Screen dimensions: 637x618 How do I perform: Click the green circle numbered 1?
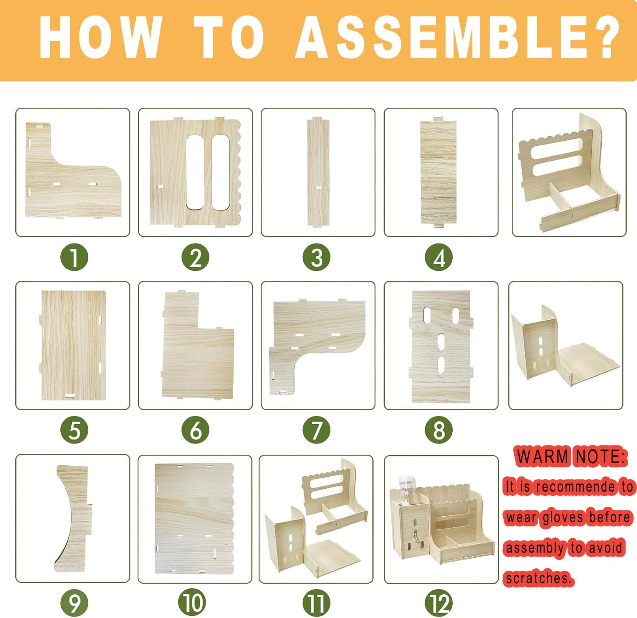74,257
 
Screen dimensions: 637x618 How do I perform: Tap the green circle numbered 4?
439,257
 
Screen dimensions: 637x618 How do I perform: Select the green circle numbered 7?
316,430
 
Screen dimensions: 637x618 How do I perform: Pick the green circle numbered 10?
193,603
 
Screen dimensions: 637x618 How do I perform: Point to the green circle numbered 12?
439,603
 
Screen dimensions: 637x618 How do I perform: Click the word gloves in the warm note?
562,517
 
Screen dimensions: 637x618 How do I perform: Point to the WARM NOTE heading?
570,456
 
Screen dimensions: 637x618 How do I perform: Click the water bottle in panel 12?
407,490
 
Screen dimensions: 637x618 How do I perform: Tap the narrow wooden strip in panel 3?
318,173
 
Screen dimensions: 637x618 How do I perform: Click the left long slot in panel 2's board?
194,173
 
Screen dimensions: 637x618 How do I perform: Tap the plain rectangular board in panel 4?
439,172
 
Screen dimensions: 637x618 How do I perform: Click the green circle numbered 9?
74,603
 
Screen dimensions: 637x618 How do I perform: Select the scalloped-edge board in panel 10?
194,519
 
